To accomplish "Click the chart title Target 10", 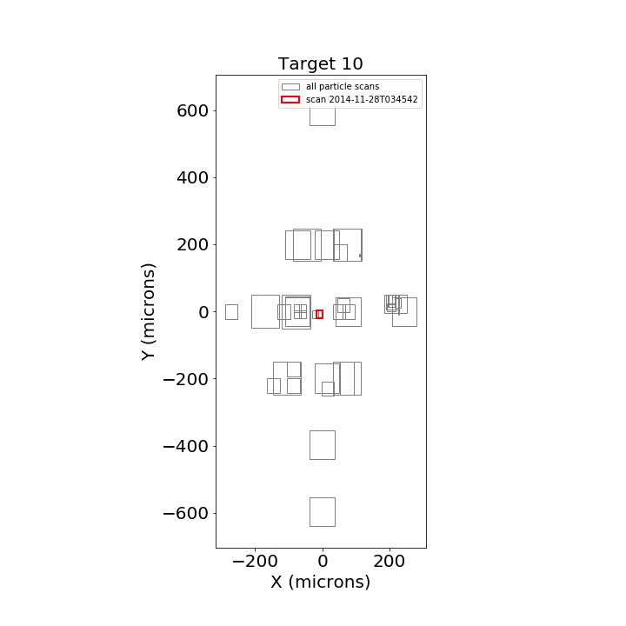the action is [x=320, y=63].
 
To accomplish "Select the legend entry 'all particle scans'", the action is [x=343, y=87].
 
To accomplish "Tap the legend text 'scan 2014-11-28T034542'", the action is [x=362, y=99].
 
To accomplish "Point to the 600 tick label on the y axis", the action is [x=192, y=111].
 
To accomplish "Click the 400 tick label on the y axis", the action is [x=192, y=177].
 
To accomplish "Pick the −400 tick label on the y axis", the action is [x=186, y=446].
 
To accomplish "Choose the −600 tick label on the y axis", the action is [x=186, y=513].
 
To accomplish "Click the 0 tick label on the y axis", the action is [x=203, y=312].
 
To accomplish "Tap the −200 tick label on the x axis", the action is [x=255, y=562].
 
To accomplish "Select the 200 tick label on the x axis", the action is [x=390, y=562].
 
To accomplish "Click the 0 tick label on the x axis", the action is [x=323, y=562].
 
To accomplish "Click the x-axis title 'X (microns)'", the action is [x=321, y=582].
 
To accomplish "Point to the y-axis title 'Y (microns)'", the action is [x=148, y=312].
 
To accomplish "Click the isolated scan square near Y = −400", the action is [x=310, y=445].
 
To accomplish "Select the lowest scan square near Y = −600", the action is [x=310, y=512].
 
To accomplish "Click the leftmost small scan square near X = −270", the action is [x=225, y=312].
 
